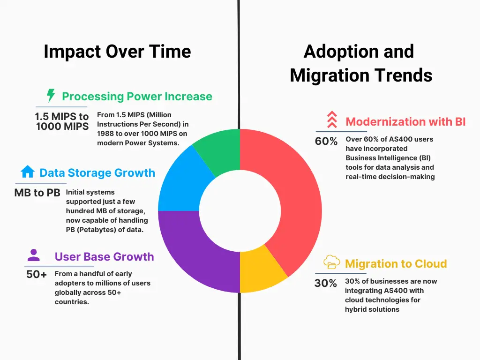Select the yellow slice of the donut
[260, 271]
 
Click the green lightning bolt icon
[51, 95]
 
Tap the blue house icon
[28, 172]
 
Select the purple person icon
[33, 255]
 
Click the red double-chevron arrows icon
[332, 120]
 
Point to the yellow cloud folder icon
[331, 262]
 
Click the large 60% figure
[326, 141]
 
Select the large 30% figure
[325, 283]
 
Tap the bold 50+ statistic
[37, 274]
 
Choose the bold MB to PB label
[37, 193]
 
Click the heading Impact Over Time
[118, 52]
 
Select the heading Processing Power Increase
[137, 97]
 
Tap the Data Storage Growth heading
[97, 173]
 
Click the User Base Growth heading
[105, 256]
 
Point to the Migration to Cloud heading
[396, 263]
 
